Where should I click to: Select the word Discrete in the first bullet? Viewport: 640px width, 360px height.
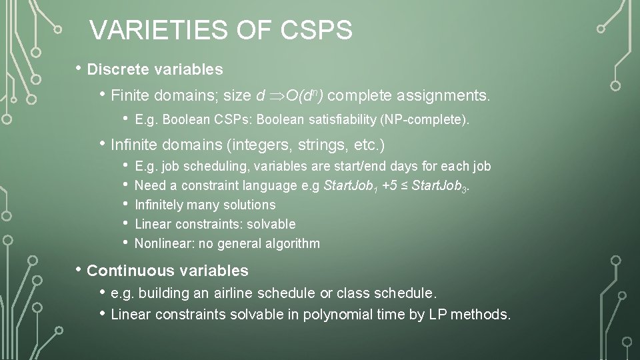coord(117,69)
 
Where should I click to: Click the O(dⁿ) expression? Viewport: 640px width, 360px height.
coord(305,97)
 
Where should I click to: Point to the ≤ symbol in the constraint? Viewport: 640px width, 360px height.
coord(403,185)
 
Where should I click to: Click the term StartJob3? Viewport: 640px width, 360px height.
coord(441,185)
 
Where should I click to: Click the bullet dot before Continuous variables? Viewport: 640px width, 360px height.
coord(79,270)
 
